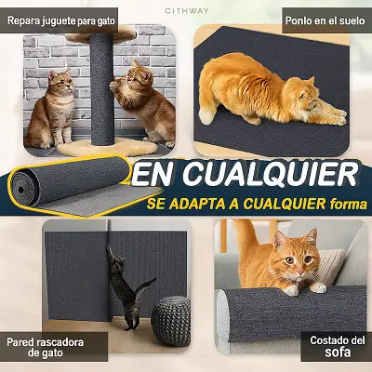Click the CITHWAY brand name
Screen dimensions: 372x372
[x=187, y=11]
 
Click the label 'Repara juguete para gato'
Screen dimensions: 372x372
[x=61, y=21]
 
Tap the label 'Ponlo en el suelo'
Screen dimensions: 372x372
[x=325, y=20]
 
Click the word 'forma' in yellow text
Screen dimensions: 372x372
[x=349, y=204]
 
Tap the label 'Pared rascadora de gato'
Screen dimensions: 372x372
[x=45, y=348]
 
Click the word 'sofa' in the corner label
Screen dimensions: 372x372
[x=338, y=352]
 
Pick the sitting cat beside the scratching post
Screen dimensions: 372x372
[x=52, y=109]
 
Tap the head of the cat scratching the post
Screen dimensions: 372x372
[x=138, y=76]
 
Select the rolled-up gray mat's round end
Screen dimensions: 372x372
[x=22, y=188]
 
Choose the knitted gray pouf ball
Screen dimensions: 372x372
[x=170, y=321]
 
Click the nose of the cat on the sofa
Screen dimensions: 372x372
[x=300, y=272]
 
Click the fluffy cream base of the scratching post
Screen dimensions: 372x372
[x=108, y=148]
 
